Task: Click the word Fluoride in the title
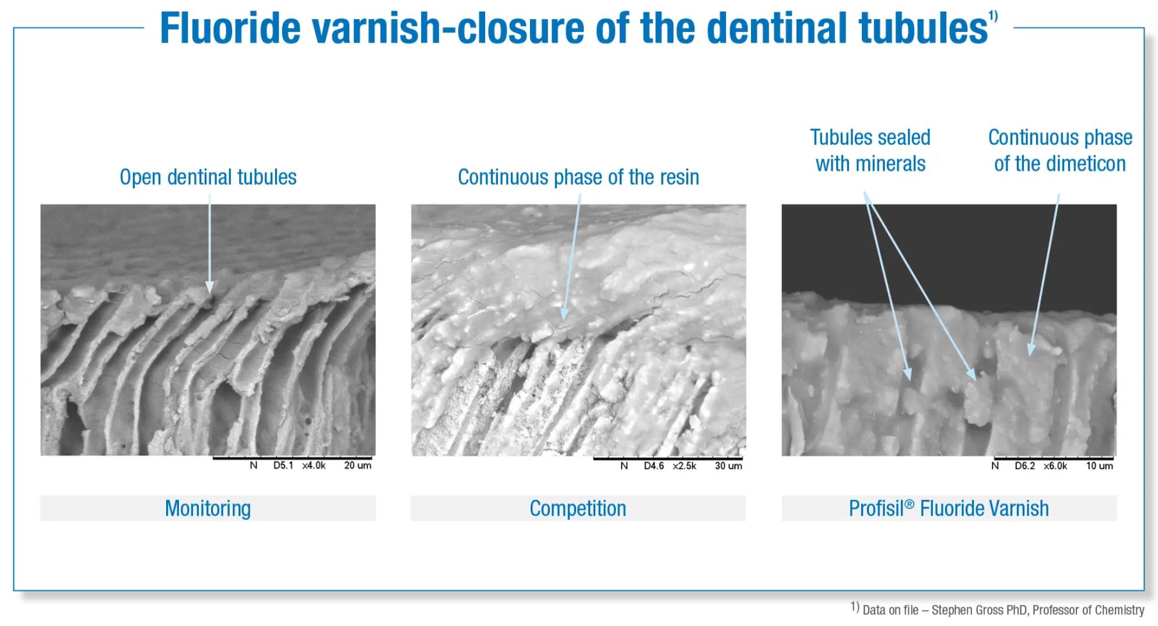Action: coord(230,27)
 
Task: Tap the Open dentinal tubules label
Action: coord(208,177)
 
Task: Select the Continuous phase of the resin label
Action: coord(578,177)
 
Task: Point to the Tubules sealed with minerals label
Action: coord(870,151)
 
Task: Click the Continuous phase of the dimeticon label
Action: coord(1060,151)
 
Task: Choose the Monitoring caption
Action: coord(208,508)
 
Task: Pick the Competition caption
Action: coord(578,508)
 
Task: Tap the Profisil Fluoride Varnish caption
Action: coord(949,508)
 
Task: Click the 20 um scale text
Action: coord(357,466)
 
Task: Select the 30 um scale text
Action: coord(728,466)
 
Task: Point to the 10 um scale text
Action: coord(1099,466)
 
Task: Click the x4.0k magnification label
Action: coord(314,466)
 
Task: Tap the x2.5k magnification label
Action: coord(685,466)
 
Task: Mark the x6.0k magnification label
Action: coord(1055,466)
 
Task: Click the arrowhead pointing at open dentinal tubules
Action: coord(209,287)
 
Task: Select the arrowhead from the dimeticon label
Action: coord(1031,349)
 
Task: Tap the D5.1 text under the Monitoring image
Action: coord(283,466)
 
